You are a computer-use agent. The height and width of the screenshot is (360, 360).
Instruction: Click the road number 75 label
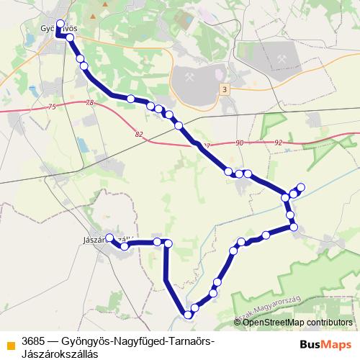51,107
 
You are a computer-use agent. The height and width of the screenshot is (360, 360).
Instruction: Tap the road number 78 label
89,104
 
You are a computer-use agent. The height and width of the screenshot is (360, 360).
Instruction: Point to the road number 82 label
138,134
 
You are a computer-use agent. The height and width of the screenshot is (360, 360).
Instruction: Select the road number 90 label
239,143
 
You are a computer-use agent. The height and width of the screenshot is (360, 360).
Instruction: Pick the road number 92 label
279,143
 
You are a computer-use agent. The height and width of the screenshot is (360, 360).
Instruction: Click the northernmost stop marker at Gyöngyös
60,23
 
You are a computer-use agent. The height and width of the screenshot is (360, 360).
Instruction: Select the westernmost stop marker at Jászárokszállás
109,238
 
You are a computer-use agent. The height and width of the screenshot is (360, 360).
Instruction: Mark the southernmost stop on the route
189,315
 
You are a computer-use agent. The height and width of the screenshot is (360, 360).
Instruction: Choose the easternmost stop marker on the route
301,188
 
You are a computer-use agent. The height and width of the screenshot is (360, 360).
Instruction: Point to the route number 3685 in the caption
34,340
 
